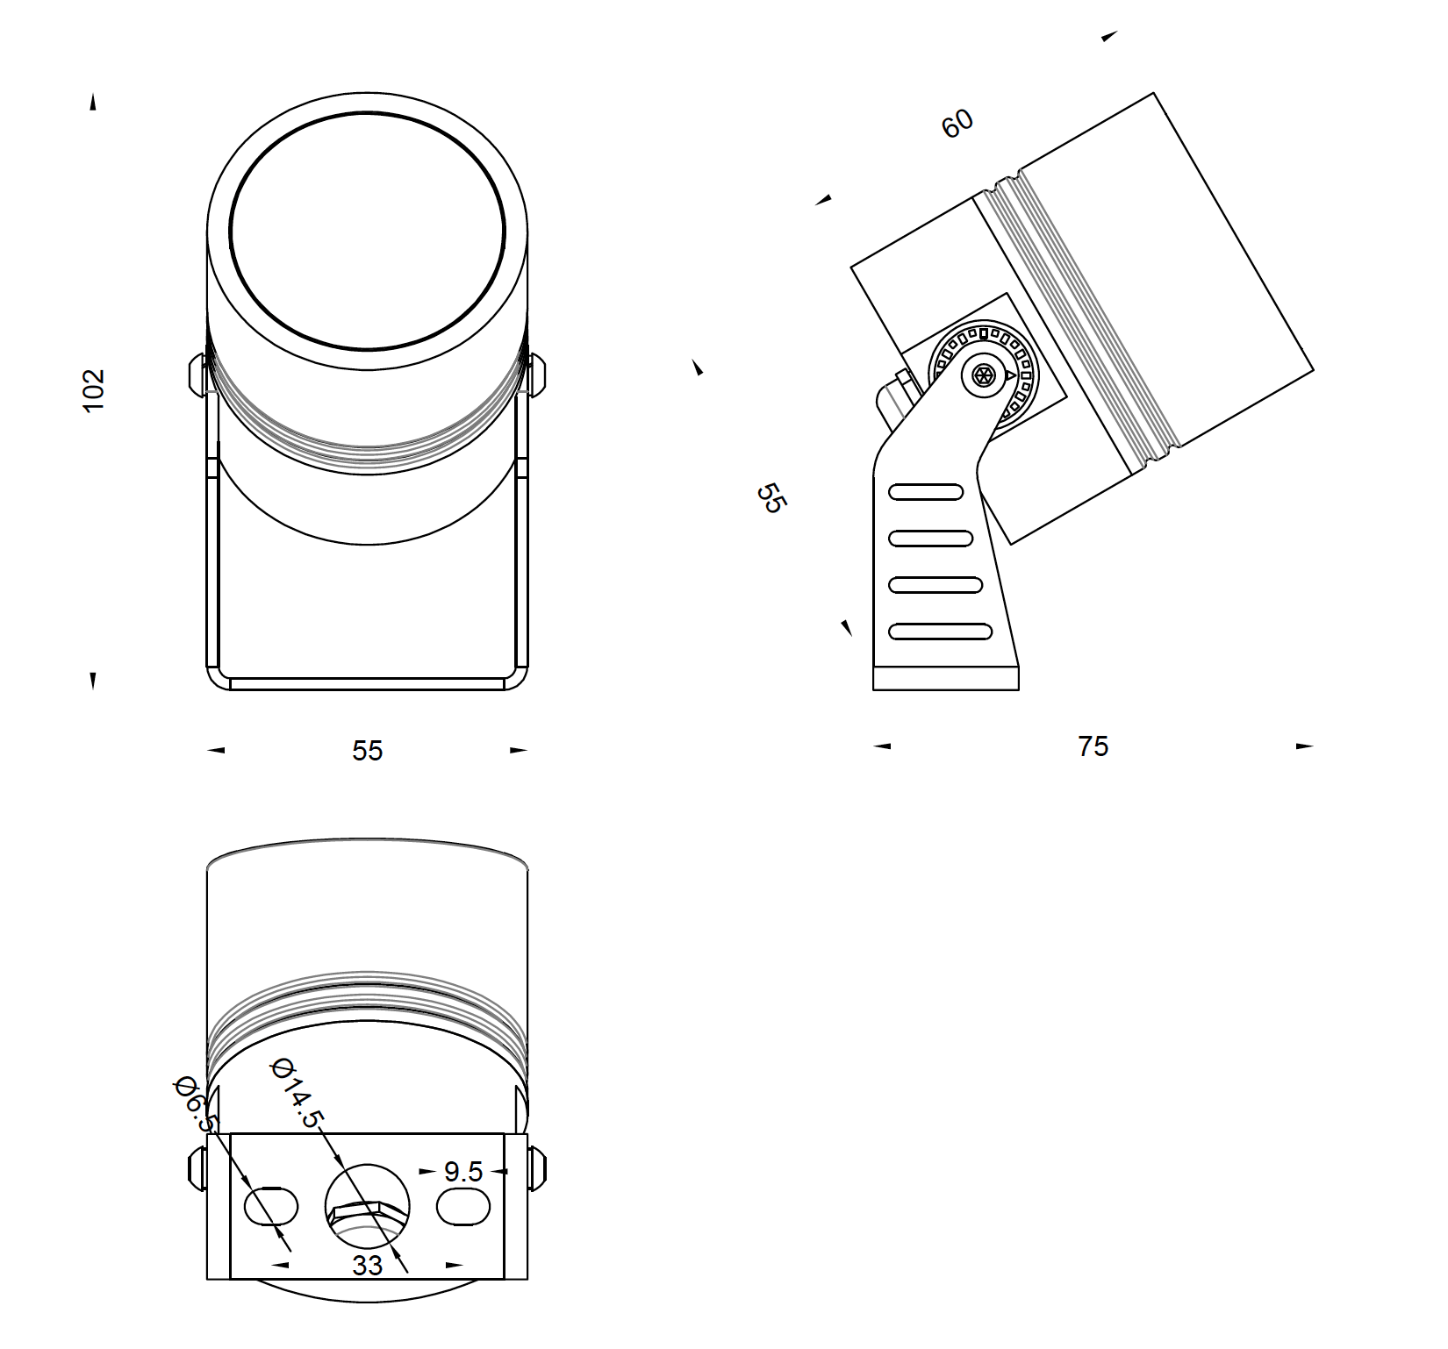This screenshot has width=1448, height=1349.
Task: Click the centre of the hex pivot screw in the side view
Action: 984,376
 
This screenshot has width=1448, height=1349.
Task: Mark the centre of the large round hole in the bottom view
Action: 367,1206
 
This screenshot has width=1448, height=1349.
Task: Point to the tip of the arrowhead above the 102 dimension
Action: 92,94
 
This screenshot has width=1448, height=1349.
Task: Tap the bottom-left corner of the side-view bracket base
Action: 873,689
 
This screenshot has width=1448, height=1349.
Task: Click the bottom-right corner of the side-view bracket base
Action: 1019,689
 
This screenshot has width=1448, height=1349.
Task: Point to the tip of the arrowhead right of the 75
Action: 1314,746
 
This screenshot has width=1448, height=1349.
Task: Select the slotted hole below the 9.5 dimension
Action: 463,1206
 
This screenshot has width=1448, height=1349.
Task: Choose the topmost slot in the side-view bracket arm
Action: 926,492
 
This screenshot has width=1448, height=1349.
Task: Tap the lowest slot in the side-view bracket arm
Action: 940,631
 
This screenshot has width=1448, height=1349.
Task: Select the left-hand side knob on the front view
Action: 197,374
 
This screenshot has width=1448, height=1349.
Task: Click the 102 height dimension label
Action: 93,390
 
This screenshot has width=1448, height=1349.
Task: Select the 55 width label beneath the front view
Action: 368,751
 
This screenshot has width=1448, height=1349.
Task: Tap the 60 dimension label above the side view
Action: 957,123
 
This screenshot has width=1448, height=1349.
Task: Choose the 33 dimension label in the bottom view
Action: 368,1265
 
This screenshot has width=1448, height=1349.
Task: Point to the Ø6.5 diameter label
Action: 195,1104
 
